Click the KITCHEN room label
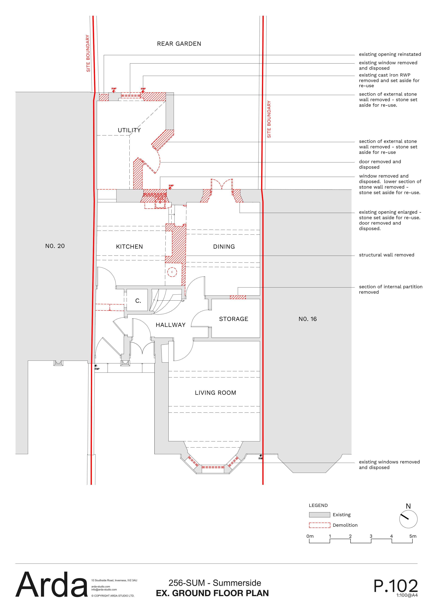[x=129, y=247]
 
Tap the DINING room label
[x=224, y=247]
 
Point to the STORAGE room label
[x=233, y=319]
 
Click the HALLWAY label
[x=171, y=325]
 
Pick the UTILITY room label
[x=129, y=130]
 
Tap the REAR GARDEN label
[x=179, y=44]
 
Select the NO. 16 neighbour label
[x=308, y=319]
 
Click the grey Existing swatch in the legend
[x=319, y=515]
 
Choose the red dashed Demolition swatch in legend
[x=319, y=525]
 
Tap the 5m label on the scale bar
[x=413, y=536]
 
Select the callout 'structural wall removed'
[x=387, y=255]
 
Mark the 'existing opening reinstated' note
[x=390, y=54]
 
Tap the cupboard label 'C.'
[x=138, y=301]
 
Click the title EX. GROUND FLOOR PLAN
[x=212, y=593]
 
